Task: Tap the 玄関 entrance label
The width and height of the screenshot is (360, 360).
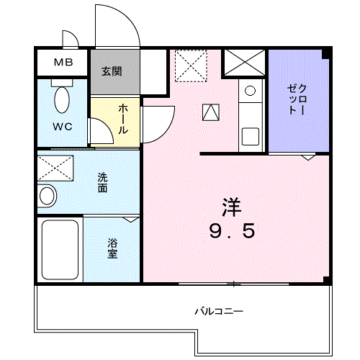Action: pos(111,71)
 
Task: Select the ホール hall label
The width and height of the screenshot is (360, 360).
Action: pos(123,120)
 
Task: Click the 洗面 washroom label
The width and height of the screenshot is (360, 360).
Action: pos(104,183)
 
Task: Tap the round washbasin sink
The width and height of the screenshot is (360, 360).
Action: pos(47,195)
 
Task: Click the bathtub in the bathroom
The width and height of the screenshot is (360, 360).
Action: pos(60,248)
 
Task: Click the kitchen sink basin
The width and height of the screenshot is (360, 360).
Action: pos(251,135)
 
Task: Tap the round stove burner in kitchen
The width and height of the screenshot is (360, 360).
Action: pos(250,91)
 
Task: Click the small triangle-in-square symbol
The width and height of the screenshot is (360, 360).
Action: pos(210,112)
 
